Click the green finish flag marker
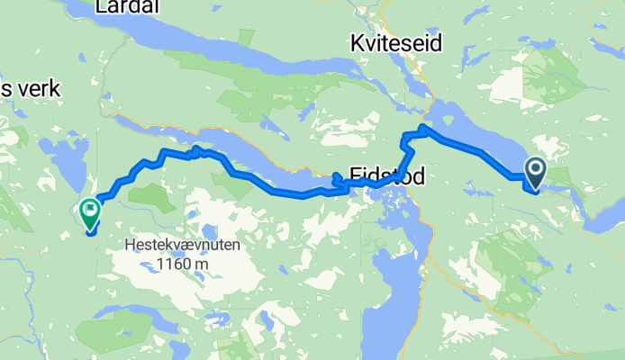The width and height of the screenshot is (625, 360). point(90,213)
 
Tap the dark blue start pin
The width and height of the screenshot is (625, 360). point(534,173)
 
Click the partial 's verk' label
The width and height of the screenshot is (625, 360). point(29,88)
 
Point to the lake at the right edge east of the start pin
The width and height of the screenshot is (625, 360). point(603,212)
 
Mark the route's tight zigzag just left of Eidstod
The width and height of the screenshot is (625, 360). point(340,183)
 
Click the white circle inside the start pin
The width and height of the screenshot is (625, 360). point(534,168)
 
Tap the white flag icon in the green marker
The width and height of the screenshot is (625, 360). point(90,210)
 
